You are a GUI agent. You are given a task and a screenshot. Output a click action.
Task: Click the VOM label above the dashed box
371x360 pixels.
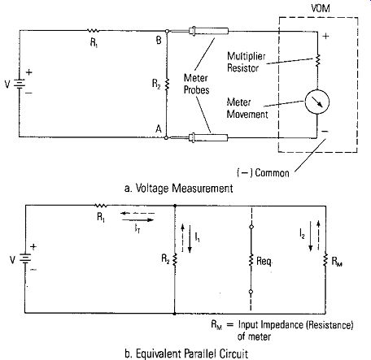[321, 8]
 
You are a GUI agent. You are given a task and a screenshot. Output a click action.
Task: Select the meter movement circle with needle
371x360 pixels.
[317, 102]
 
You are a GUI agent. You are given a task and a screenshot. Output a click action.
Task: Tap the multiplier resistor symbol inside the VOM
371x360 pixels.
[317, 60]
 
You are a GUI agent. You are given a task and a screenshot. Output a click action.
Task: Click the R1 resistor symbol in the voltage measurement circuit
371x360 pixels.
[93, 31]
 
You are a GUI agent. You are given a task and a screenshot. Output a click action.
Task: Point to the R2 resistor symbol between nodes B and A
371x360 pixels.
[167, 84]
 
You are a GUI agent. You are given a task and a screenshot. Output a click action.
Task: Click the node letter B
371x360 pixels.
[159, 41]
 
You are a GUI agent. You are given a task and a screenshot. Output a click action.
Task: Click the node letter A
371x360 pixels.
[159, 129]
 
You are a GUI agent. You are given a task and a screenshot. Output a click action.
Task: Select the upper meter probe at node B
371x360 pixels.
[208, 31]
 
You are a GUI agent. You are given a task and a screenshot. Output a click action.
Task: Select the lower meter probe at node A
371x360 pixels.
[208, 137]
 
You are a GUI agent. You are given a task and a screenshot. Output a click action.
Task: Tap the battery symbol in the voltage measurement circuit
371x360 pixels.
[20, 84]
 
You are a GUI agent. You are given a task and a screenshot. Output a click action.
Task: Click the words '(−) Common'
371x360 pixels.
[263, 172]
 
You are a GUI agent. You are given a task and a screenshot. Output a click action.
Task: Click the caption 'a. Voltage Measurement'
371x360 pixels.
[179, 188]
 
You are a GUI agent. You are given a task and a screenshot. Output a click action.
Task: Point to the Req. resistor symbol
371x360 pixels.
[251, 260]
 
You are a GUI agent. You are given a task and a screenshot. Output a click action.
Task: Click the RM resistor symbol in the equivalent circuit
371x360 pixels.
[325, 260]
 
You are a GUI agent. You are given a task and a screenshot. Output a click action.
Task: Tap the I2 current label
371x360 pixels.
[302, 233]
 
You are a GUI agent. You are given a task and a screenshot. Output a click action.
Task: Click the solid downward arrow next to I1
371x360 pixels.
[190, 239]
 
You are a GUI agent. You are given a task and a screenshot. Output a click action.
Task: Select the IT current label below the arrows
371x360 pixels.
[137, 229]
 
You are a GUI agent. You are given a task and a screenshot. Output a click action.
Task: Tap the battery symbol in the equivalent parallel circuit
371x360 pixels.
[25, 258]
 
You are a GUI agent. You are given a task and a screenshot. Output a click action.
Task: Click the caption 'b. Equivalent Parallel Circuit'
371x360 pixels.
[186, 353]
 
